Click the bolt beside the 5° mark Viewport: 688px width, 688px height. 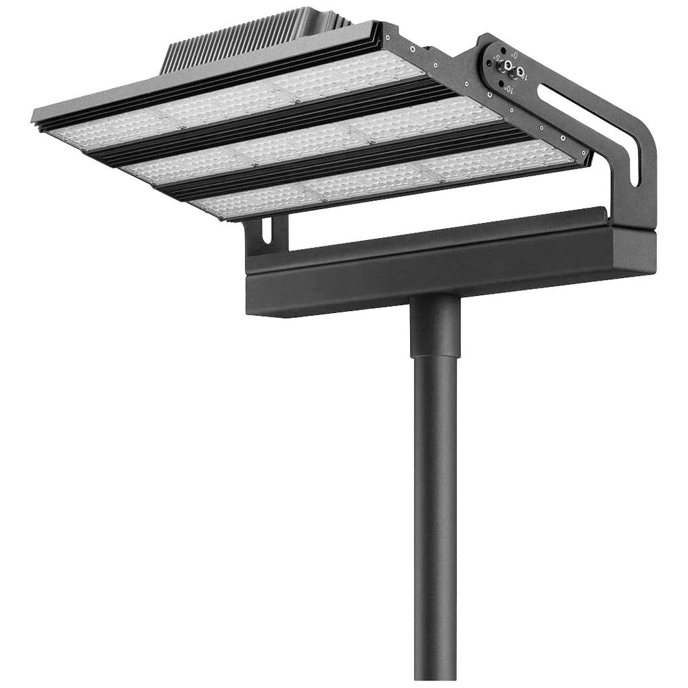[508, 66]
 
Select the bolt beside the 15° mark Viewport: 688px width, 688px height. [521, 71]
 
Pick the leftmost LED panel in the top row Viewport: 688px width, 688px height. [110, 131]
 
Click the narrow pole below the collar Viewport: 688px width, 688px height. [435, 516]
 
